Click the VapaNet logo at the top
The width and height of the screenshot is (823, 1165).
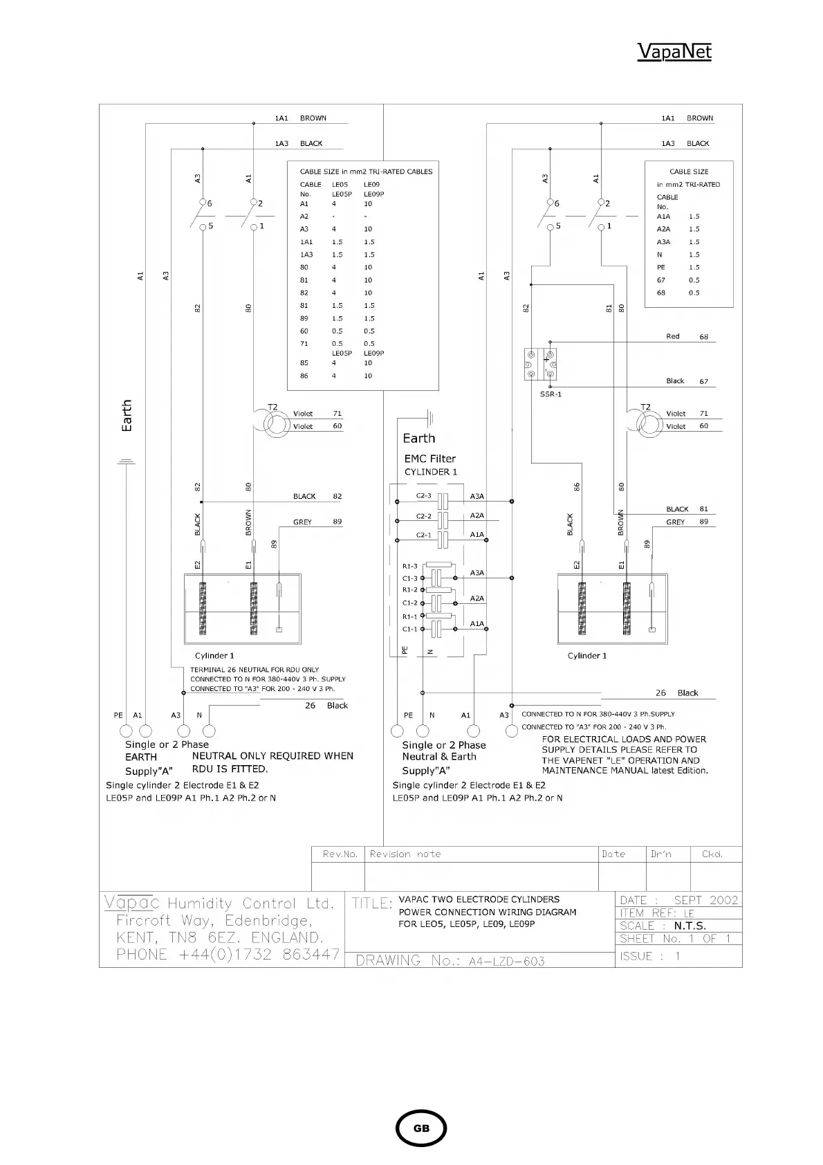674,52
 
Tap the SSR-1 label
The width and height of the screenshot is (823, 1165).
551,394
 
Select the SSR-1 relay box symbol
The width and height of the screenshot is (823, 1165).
541,365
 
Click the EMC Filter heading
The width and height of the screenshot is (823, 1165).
429,459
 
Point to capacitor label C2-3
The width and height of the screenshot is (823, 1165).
423,496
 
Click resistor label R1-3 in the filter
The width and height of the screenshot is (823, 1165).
410,567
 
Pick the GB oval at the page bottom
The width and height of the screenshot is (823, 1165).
421,1128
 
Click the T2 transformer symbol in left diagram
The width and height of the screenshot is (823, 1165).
277,423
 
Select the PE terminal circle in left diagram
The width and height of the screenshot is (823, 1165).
126,731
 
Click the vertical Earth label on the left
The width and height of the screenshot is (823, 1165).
127,416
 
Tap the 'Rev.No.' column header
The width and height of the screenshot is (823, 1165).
340,854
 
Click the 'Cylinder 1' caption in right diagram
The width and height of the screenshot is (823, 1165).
586,656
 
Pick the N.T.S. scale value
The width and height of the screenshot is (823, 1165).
690,926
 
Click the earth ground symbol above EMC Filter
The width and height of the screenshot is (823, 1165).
430,416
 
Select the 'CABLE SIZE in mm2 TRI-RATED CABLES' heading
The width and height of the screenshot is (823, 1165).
366,172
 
